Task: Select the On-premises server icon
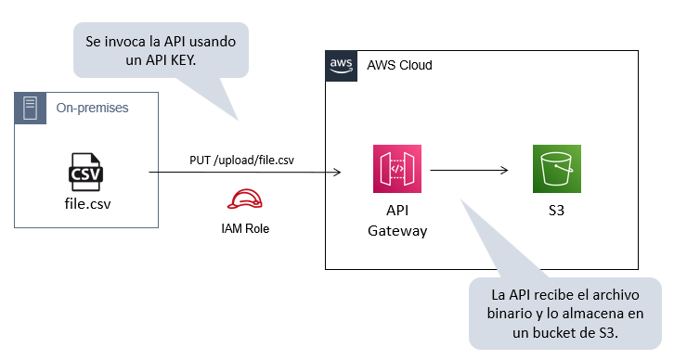click(x=30, y=108)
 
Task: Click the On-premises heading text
click(x=92, y=108)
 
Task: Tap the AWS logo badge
click(x=341, y=66)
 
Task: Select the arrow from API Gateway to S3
click(x=470, y=171)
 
